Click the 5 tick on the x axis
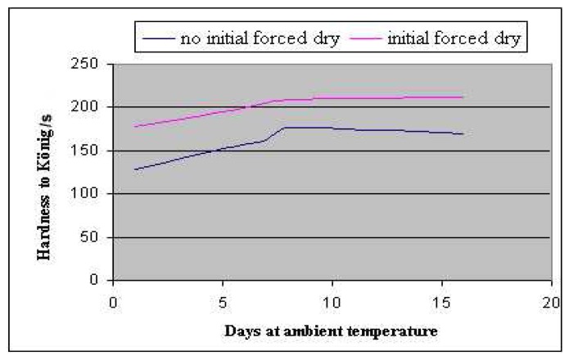pos(222,301)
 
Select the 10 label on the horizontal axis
pos(332,301)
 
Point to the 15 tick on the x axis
pos(441,301)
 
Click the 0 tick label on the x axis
pos(113,301)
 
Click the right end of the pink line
pos(463,97)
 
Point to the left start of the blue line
pos(135,169)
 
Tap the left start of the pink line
pos(135,127)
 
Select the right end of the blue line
pos(463,134)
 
